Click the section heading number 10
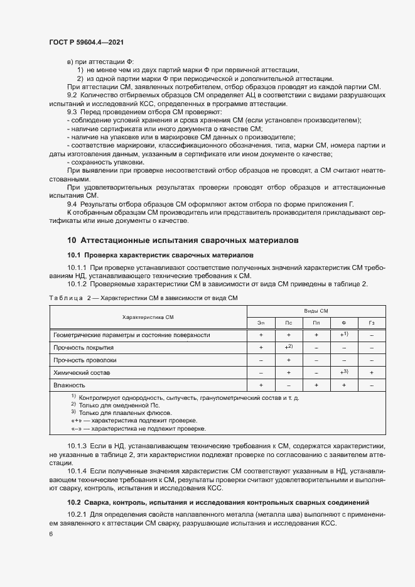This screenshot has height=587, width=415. (72, 240)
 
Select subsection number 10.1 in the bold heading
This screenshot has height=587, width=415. (74, 256)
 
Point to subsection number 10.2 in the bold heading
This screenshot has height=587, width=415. (74, 502)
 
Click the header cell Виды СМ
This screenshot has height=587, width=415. (316, 311)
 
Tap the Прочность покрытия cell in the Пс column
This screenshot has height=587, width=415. (288, 347)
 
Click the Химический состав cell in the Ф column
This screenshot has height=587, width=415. (343, 372)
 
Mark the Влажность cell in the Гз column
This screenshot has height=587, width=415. (372, 384)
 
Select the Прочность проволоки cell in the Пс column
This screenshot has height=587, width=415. (288, 360)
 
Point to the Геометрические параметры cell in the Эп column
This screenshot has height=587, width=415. (261, 335)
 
